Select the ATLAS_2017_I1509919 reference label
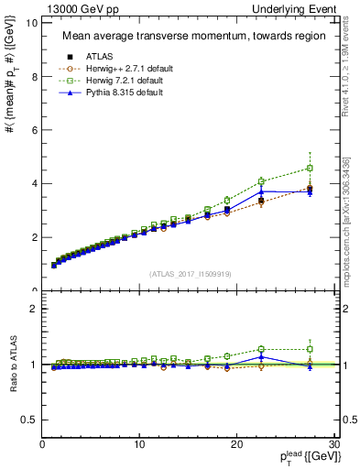(190, 273)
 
